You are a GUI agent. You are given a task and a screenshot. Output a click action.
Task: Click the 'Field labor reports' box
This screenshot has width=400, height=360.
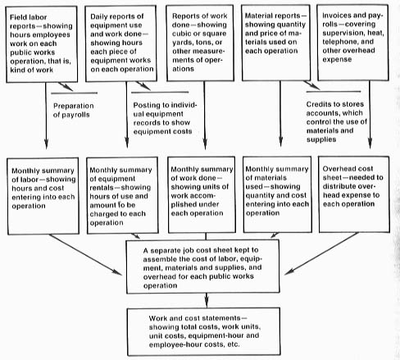[42, 44]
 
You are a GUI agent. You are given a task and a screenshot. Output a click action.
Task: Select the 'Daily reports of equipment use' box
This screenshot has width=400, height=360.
[121, 43]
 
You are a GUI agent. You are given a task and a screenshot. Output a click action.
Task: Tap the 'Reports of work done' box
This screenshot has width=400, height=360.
[200, 43]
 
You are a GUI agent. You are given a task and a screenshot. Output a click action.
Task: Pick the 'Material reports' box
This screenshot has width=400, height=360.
[276, 43]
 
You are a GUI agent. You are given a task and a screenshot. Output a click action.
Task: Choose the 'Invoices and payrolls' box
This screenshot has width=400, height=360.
[353, 43]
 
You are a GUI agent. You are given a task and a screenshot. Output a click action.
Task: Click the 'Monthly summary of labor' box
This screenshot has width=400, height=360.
[43, 196]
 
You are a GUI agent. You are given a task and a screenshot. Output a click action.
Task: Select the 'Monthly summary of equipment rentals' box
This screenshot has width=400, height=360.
[122, 195]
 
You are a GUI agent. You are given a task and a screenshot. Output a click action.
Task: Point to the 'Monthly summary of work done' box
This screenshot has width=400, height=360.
[202, 195]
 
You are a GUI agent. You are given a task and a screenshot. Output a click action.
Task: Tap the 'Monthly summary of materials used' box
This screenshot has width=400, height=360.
[277, 194]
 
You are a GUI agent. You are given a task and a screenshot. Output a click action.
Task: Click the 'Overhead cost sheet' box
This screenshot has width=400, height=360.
[354, 194]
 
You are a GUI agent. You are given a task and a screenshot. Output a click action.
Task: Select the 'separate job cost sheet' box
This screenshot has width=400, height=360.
[202, 267]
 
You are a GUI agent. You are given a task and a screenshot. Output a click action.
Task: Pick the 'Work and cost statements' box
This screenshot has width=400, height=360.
[204, 331]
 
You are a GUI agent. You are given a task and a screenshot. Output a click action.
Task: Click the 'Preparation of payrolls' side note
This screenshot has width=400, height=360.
[73, 110]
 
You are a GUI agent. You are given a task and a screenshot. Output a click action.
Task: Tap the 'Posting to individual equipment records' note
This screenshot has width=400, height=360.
[165, 118]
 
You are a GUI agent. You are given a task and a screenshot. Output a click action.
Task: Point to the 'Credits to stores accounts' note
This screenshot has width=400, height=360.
[336, 121]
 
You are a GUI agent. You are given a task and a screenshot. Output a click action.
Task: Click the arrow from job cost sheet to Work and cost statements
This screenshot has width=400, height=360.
[207, 301]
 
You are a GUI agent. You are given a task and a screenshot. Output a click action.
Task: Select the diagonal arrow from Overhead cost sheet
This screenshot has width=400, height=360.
[321, 253]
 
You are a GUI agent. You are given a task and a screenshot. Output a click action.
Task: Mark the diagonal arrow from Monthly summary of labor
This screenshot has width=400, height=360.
[85, 255]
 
